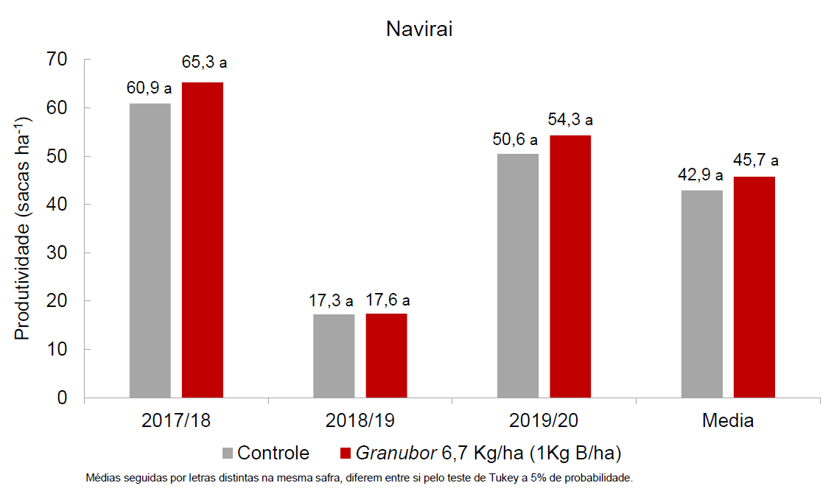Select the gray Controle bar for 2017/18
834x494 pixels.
pyautogui.click(x=150, y=250)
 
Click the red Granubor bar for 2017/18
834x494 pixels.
pyautogui.click(x=203, y=240)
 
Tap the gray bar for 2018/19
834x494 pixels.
pyautogui.click(x=334, y=356)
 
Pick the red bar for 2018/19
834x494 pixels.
pyautogui.click(x=386, y=356)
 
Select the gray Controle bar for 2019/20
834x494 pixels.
pyautogui.click(x=517, y=276)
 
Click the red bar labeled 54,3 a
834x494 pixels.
pyautogui.click(x=570, y=267)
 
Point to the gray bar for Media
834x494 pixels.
pyautogui.click(x=701, y=294)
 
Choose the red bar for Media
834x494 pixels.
pyautogui.click(x=754, y=287)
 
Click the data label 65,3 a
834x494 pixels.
pyautogui.click(x=204, y=63)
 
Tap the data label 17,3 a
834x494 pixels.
pyautogui.click(x=331, y=301)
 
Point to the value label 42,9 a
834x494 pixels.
pyautogui.click(x=700, y=176)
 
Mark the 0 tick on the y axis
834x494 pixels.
pyautogui.click(x=62, y=398)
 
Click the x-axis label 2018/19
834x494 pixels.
pyautogui.click(x=360, y=421)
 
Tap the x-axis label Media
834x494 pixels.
pyautogui.click(x=727, y=421)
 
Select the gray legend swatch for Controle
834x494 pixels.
pyautogui.click(x=227, y=453)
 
